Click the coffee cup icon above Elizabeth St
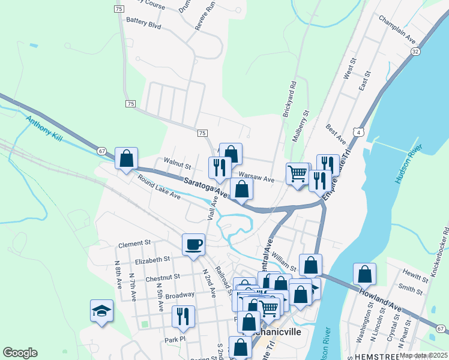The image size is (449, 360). (x=193, y=245)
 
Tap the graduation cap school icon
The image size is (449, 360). (x=101, y=311)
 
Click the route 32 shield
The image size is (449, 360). (x=415, y=52)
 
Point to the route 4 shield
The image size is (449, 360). (x=358, y=131)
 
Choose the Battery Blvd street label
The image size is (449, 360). (x=143, y=26)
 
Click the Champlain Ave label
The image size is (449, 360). (x=397, y=28)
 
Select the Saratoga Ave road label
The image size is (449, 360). (x=206, y=187)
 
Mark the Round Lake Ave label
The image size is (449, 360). (x=158, y=187)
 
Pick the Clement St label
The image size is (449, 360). (x=134, y=244)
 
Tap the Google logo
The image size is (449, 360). (x=20, y=353)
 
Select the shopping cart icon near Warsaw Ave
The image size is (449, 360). (x=298, y=175)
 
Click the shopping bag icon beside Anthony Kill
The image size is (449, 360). (x=126, y=159)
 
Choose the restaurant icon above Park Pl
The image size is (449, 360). (x=184, y=316)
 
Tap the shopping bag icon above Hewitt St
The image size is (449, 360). (x=364, y=274)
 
